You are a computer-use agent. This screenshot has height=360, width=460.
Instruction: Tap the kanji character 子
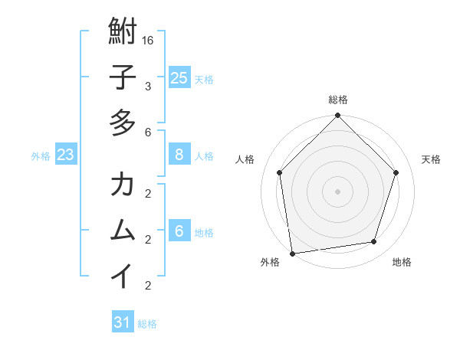coord(123,78)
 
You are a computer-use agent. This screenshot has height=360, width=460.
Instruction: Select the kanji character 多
coord(123,123)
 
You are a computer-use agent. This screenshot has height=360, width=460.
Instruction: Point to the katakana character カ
coord(123,185)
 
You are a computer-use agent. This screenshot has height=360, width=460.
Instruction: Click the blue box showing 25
coord(179,78)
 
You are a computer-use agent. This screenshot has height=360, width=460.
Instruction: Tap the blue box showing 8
coord(179,155)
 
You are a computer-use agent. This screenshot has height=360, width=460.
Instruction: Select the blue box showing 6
coord(179,231)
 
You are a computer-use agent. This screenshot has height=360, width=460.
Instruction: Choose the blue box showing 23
coord(65,155)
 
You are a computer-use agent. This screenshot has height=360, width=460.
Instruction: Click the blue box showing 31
coord(122,322)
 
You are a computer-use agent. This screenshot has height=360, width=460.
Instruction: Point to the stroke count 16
coord(148,40)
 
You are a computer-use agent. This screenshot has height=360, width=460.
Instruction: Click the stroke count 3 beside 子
coord(148,86)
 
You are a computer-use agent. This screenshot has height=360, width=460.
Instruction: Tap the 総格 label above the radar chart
coord(337,100)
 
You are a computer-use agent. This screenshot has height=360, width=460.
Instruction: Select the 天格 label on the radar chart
coord(431,159)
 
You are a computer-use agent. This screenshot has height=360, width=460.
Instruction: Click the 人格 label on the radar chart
coord(245,159)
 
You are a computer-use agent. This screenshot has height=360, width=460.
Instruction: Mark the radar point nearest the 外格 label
coord(292,253)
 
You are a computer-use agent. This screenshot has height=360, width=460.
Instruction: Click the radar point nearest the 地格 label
coord(374,242)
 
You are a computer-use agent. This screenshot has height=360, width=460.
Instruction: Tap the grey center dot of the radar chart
coord(337,191)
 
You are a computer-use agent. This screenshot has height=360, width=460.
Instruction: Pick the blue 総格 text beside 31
coord(148,324)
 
